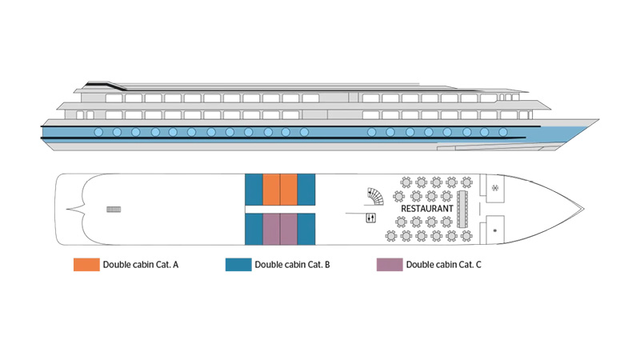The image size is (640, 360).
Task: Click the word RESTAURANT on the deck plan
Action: click(x=427, y=209)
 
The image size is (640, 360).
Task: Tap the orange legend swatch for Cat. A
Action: click(x=86, y=265)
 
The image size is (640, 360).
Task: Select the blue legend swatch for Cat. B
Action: click(x=238, y=265)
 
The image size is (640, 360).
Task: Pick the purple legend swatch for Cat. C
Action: click(x=390, y=265)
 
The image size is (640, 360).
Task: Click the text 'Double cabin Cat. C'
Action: click(x=444, y=265)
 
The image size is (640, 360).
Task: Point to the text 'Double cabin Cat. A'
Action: click(x=141, y=265)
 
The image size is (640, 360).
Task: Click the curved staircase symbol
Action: click(x=375, y=196)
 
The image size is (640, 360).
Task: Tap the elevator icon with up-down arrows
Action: click(x=370, y=218)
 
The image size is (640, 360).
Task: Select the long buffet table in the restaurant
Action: click(x=462, y=209)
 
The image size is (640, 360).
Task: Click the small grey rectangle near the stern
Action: click(x=114, y=210)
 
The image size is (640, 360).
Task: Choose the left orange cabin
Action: click(x=271, y=190)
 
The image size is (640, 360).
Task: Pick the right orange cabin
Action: click(x=289, y=190)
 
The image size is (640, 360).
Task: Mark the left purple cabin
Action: click(x=271, y=229)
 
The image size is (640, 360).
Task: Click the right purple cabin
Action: click(x=289, y=229)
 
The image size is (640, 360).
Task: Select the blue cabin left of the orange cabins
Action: click(x=254, y=190)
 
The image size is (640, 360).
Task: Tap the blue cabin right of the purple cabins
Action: click(x=306, y=229)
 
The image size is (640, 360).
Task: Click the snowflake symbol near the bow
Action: click(x=495, y=188)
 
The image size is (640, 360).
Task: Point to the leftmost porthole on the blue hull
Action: click(x=98, y=132)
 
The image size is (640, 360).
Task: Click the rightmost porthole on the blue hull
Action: click(x=503, y=132)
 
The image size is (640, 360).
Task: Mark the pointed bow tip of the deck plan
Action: click(x=584, y=209)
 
